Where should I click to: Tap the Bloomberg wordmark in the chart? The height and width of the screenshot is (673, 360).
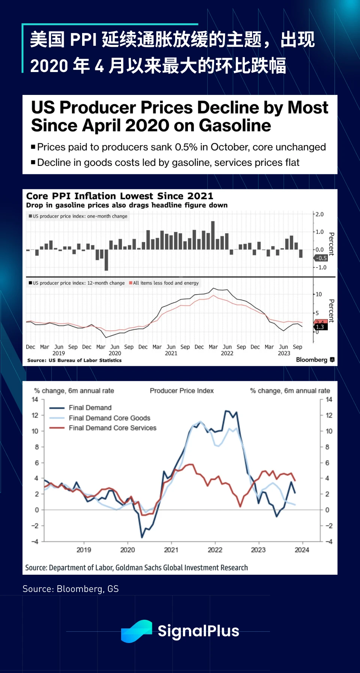click(x=312, y=360)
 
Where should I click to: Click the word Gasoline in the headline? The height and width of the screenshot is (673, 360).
click(x=235, y=126)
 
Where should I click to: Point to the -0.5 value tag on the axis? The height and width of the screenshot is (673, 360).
click(x=321, y=258)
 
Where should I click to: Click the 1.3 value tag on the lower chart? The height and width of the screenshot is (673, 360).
click(x=320, y=327)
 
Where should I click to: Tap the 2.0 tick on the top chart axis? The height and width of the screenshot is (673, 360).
click(x=319, y=214)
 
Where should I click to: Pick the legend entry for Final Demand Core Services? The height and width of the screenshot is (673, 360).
click(x=112, y=428)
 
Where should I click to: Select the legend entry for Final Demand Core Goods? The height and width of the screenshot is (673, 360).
click(x=109, y=418)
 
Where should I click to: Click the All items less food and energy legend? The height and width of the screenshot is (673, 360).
click(x=165, y=283)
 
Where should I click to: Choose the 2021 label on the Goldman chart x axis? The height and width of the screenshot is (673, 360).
click(x=171, y=550)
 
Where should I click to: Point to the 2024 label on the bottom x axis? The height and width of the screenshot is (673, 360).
click(x=302, y=550)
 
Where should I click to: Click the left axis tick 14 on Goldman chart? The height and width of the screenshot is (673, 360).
click(x=35, y=400)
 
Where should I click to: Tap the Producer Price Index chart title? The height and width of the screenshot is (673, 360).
click(x=181, y=391)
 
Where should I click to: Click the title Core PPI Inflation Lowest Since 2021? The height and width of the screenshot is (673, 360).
click(x=120, y=196)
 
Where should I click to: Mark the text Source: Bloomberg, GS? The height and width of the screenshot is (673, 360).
click(x=70, y=589)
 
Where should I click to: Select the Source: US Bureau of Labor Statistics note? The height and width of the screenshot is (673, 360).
click(x=74, y=360)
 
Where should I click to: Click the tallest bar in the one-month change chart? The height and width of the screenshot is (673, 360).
click(x=213, y=235)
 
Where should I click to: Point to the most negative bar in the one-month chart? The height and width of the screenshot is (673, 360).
click(x=106, y=260)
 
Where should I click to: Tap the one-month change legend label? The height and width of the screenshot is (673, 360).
click(x=80, y=216)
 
